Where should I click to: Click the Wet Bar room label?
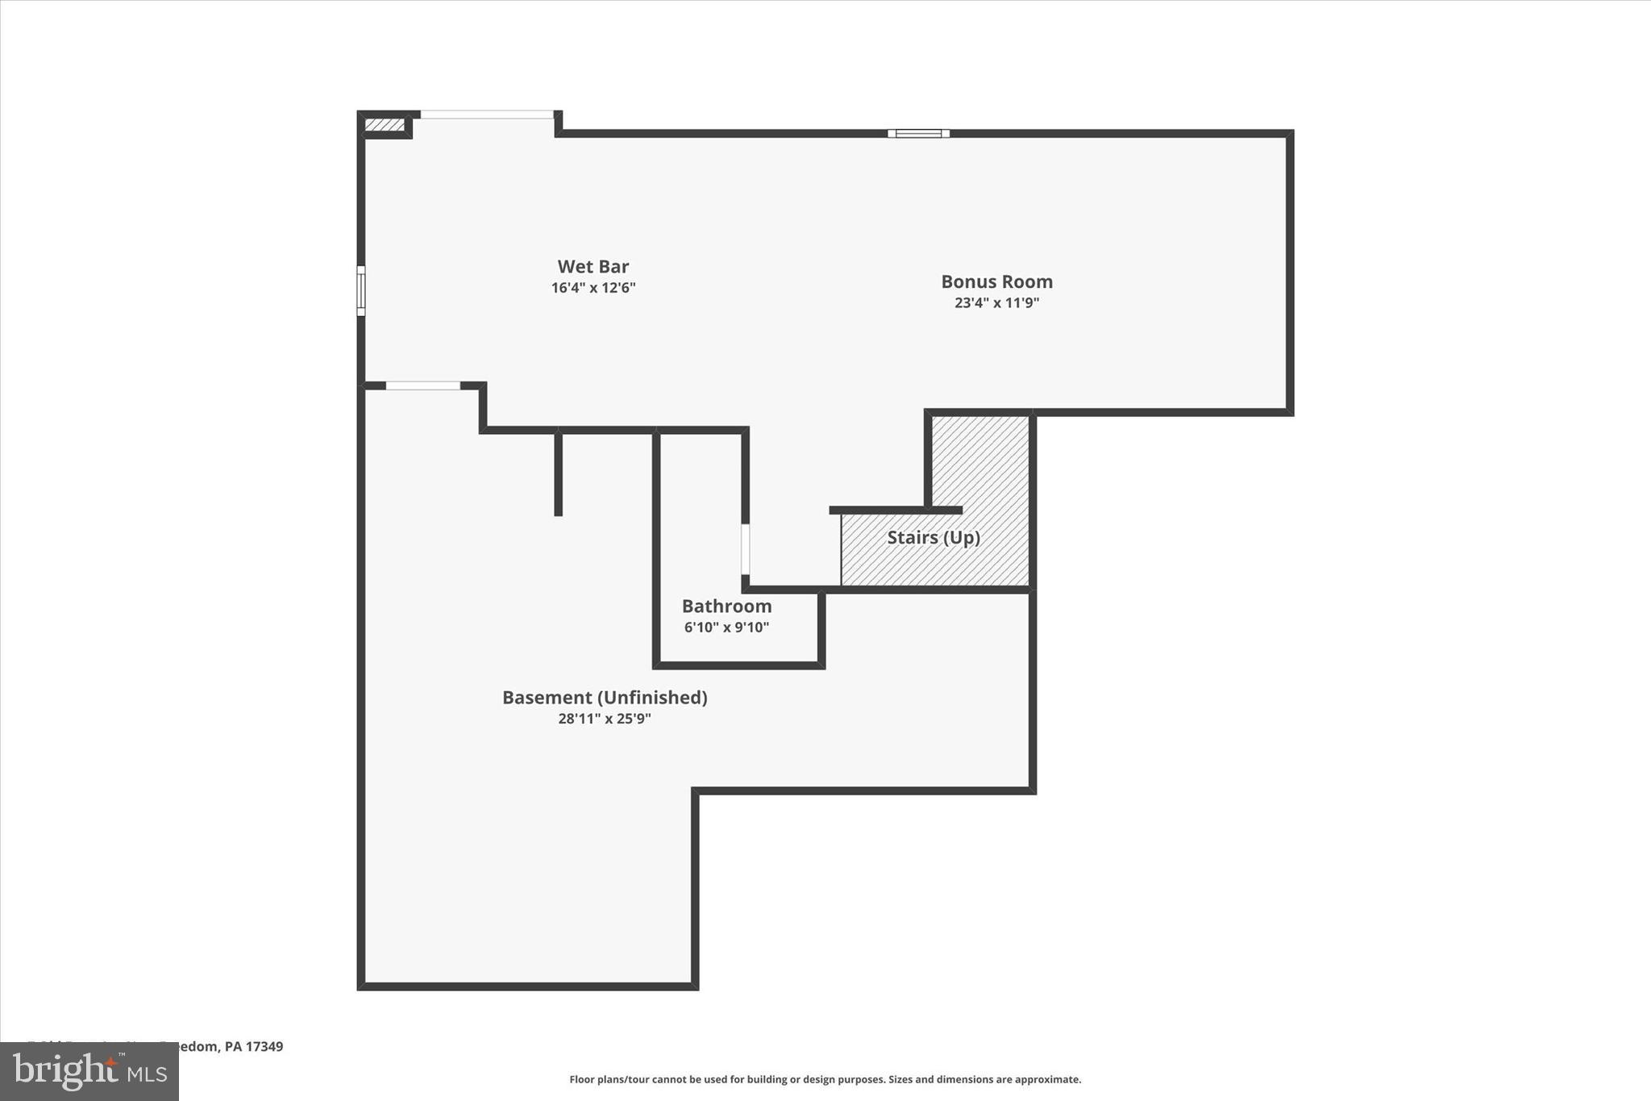[x=593, y=267]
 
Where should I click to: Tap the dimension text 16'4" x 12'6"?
[x=593, y=288]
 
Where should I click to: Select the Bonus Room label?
[x=996, y=282]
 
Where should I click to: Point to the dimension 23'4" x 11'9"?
[x=996, y=303]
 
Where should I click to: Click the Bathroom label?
[x=726, y=607]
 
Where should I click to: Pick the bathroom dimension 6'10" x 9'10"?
[x=726, y=628]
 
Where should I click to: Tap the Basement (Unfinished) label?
[x=605, y=698]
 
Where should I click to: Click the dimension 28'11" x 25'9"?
[x=605, y=719]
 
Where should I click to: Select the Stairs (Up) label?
[x=934, y=538]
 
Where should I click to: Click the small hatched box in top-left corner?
[x=385, y=125]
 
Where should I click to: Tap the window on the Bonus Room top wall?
[x=918, y=134]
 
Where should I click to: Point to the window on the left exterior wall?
[x=361, y=290]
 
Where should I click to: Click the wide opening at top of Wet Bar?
[x=487, y=115]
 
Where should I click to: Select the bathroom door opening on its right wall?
[x=745, y=548]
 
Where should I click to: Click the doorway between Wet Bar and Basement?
[x=422, y=386]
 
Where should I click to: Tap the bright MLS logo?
[x=89, y=1071]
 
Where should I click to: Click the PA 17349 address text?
[x=253, y=1047]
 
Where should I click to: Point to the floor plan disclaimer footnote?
[x=825, y=1079]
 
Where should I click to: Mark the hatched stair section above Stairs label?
[x=980, y=460]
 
